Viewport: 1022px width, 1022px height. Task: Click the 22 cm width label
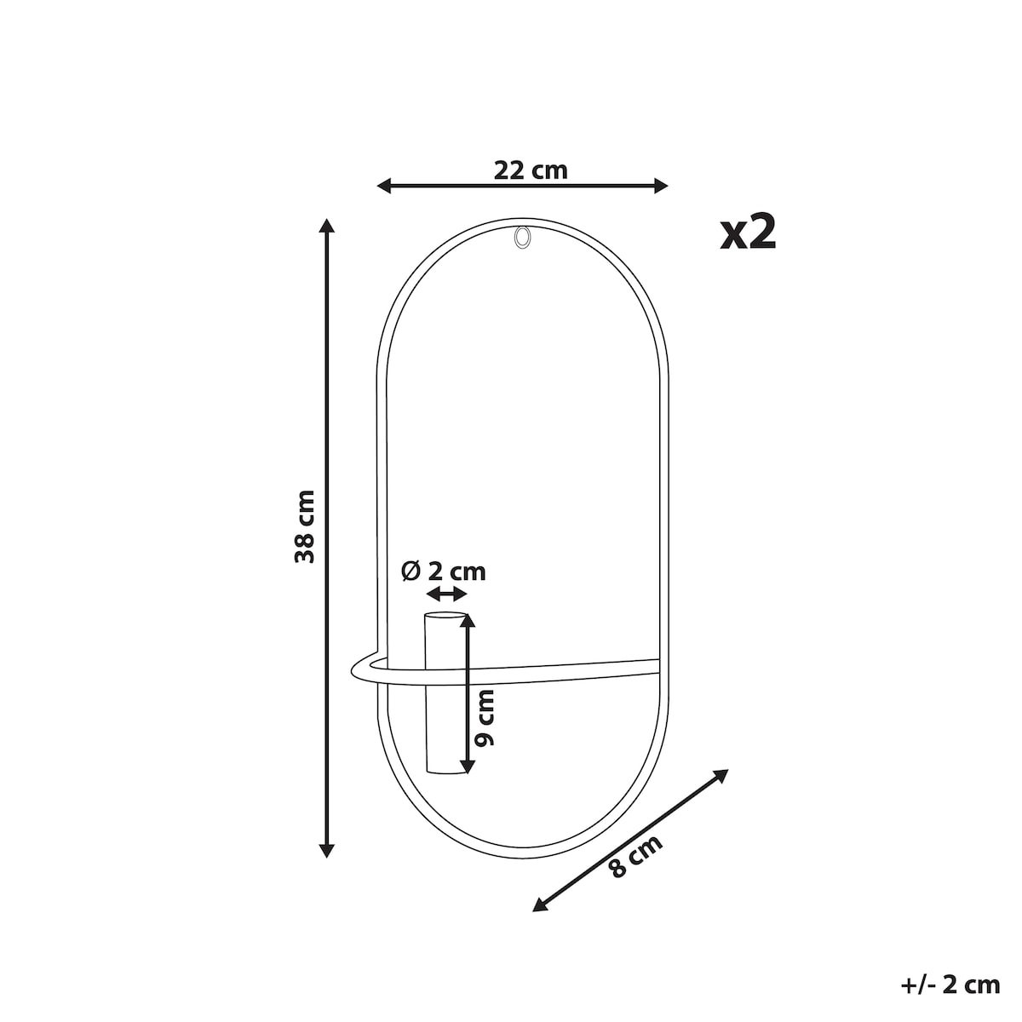[x=530, y=170]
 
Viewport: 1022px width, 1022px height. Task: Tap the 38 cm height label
[x=305, y=526]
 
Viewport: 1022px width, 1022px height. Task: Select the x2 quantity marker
[x=748, y=233]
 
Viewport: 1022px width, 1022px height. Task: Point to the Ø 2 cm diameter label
[x=444, y=571]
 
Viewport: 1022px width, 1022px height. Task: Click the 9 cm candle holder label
[x=485, y=718]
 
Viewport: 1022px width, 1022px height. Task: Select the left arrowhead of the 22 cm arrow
[x=383, y=186]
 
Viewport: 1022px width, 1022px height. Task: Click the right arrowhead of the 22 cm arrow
[x=661, y=186]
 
